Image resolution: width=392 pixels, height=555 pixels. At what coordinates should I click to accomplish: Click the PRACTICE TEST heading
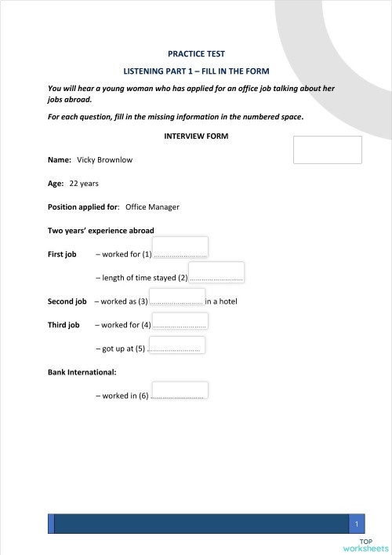point(196,54)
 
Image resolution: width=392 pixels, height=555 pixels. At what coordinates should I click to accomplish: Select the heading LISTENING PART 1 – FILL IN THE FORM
point(196,71)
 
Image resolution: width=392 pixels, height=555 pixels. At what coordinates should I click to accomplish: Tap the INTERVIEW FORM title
point(196,136)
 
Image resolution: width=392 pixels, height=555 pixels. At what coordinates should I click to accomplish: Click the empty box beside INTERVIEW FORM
point(327,150)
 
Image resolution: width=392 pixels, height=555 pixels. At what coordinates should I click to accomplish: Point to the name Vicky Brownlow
point(104,160)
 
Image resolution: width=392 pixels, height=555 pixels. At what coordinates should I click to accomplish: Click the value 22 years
point(84,184)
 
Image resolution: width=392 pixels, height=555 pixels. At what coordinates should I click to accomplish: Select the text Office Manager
point(152,207)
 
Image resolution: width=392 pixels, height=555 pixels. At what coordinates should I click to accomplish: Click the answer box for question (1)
point(180,247)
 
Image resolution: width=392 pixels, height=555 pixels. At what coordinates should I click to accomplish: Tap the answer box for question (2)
point(216,272)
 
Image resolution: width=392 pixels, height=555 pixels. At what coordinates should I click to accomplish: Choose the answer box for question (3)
point(176,295)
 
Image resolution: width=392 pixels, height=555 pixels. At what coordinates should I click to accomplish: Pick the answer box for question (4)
point(180,319)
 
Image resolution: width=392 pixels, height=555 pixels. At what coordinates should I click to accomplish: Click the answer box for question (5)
point(176,343)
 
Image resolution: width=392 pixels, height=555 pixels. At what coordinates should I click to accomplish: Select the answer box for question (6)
point(180,390)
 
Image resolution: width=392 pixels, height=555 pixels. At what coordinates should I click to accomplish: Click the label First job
point(62,254)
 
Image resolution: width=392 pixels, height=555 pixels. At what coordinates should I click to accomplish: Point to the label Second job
point(67,301)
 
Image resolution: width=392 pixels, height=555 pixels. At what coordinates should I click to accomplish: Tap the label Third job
point(64,325)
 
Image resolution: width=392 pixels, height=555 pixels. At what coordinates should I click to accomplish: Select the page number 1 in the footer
point(357,524)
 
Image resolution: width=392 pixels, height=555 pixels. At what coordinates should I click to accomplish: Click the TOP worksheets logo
point(366,546)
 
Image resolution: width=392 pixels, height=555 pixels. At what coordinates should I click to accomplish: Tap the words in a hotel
point(221,301)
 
